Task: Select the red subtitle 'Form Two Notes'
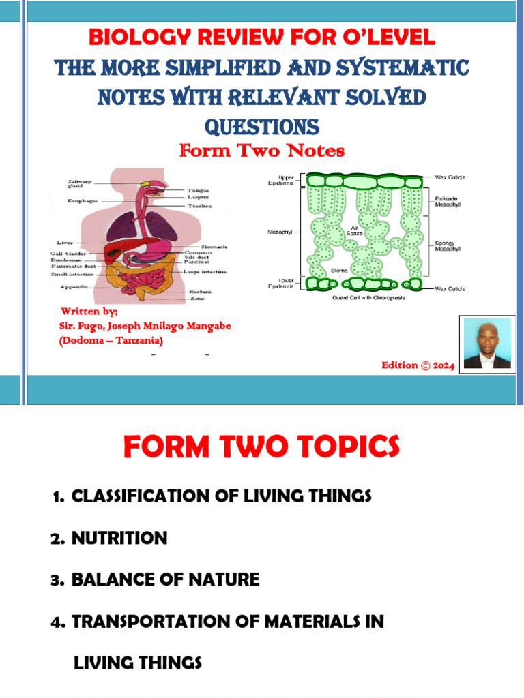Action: (262, 151)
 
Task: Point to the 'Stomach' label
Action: (214, 247)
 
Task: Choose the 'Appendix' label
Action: (76, 287)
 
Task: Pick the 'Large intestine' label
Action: (205, 271)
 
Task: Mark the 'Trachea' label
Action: (200, 205)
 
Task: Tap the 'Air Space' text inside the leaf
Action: (355, 231)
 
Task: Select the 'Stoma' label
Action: (339, 271)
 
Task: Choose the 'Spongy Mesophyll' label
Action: (450, 245)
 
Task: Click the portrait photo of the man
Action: (487, 343)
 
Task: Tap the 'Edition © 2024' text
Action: (417, 365)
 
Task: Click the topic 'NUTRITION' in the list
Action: (119, 538)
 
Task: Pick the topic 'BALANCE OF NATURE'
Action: (165, 580)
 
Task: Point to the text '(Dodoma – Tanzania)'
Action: (111, 340)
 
